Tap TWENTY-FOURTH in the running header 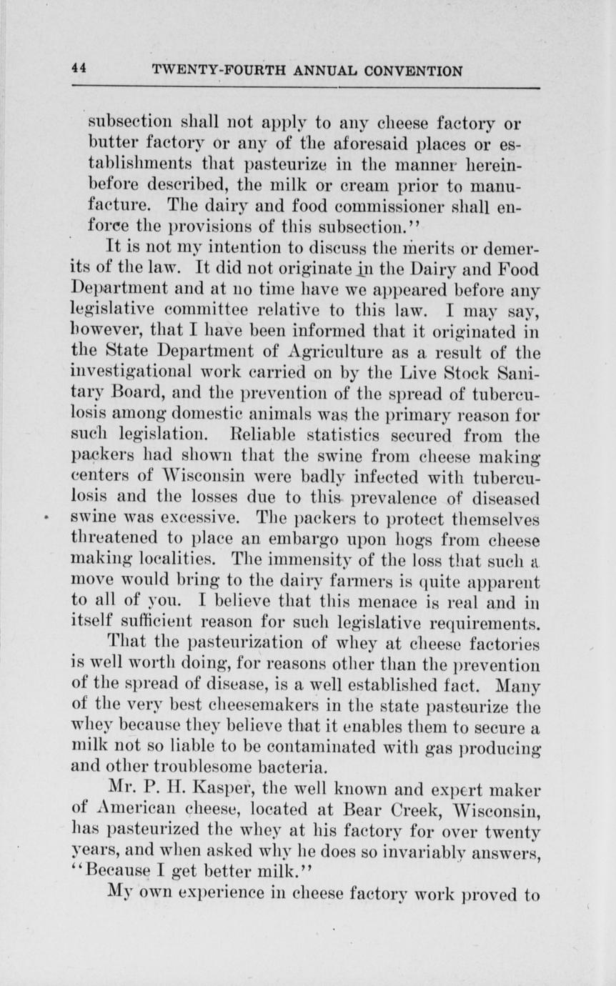click(204, 71)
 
